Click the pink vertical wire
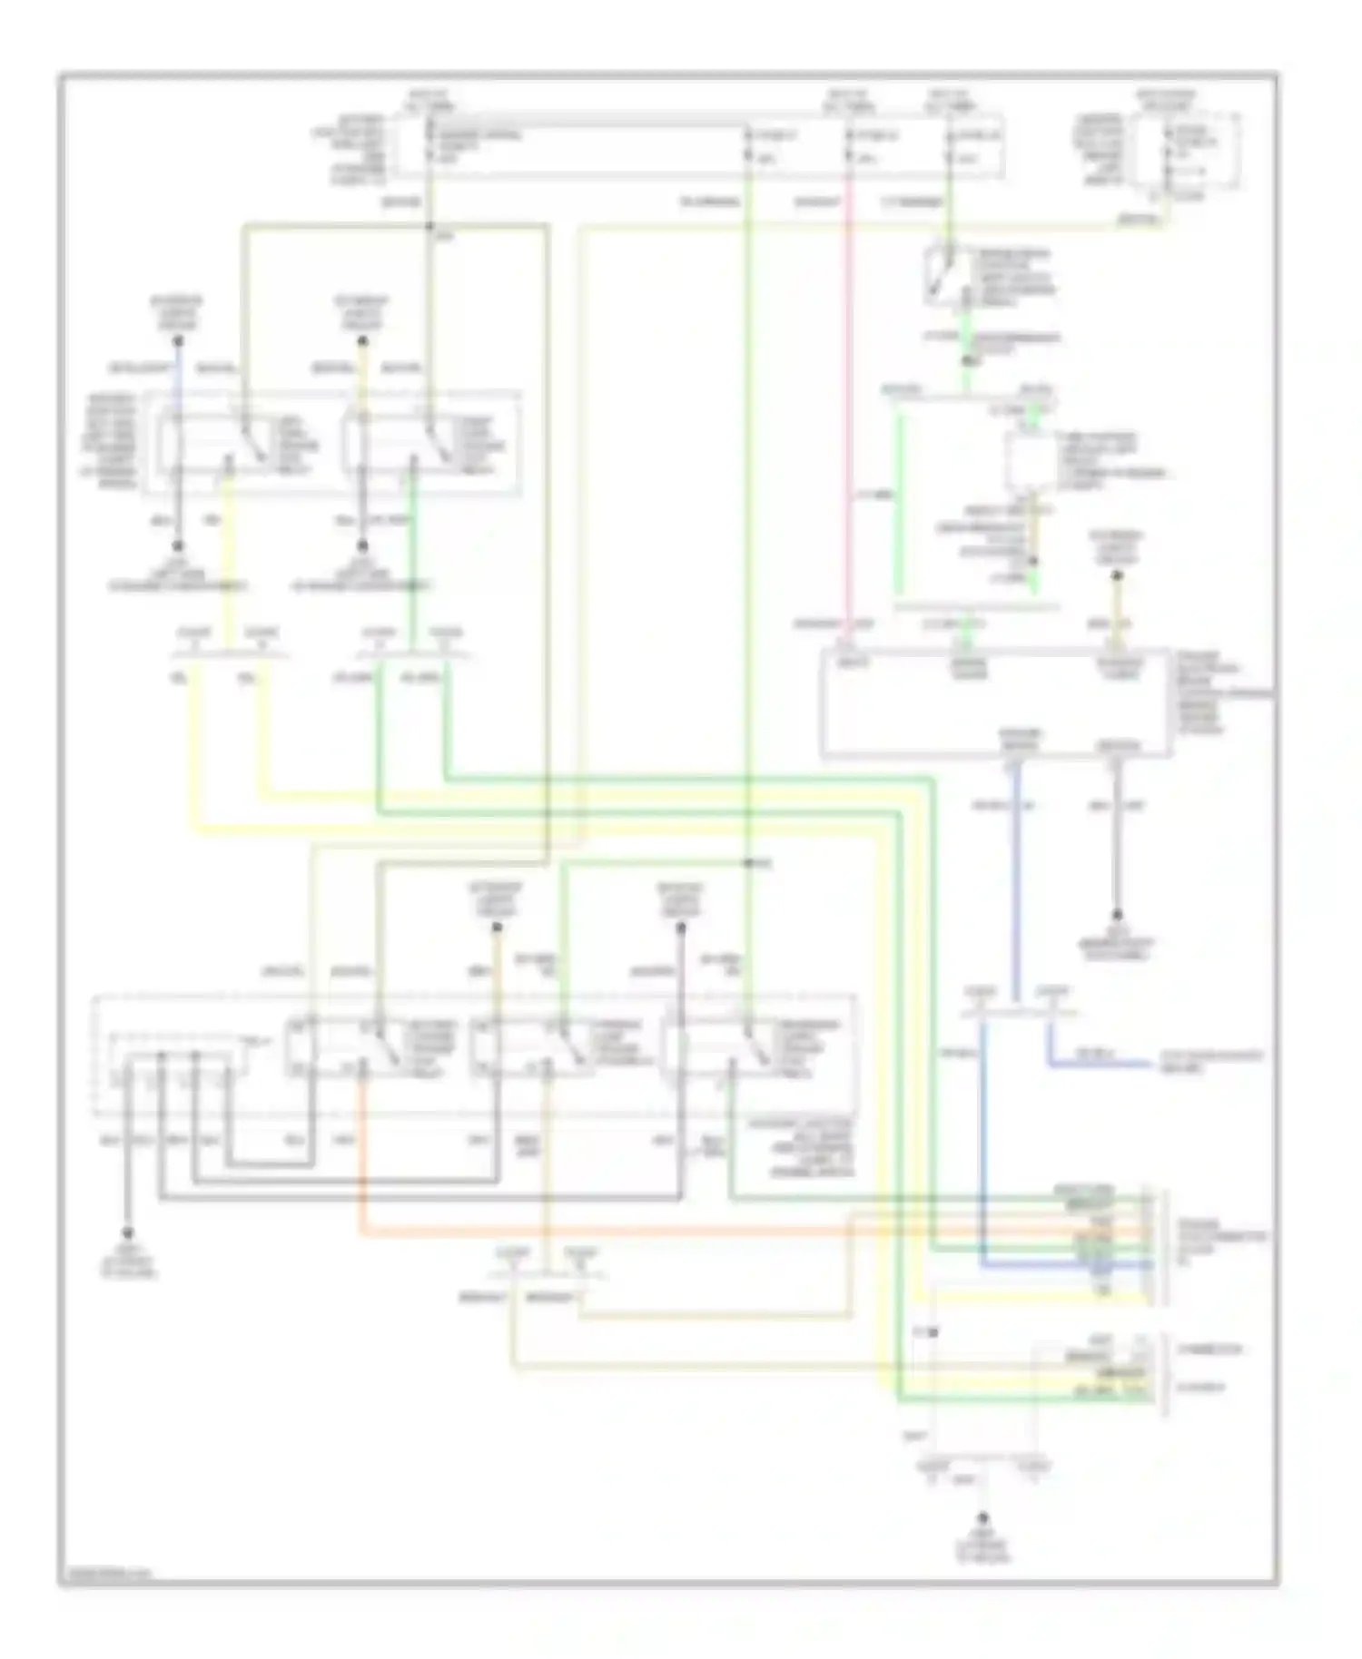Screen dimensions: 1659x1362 point(848,408)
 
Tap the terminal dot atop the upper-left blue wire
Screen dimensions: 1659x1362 point(179,341)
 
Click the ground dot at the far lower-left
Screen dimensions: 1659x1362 point(128,1233)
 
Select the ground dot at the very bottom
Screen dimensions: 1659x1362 point(982,1517)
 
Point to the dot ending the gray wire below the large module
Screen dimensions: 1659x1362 point(1117,915)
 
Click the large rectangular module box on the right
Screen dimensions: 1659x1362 point(994,703)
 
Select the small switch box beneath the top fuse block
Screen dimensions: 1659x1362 point(944,274)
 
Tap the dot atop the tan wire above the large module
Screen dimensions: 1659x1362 point(1117,575)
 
